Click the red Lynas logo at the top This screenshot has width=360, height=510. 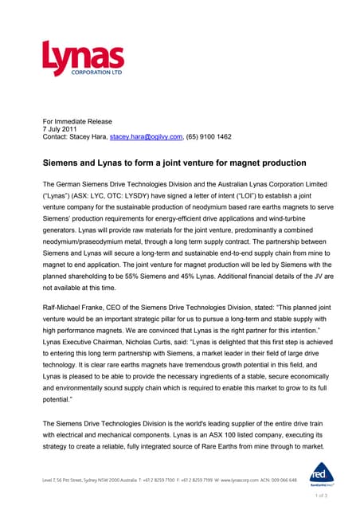click(83, 60)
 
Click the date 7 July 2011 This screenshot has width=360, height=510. click(60, 127)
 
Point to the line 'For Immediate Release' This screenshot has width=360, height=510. click(77, 119)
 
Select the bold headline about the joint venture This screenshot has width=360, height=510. click(174, 162)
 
